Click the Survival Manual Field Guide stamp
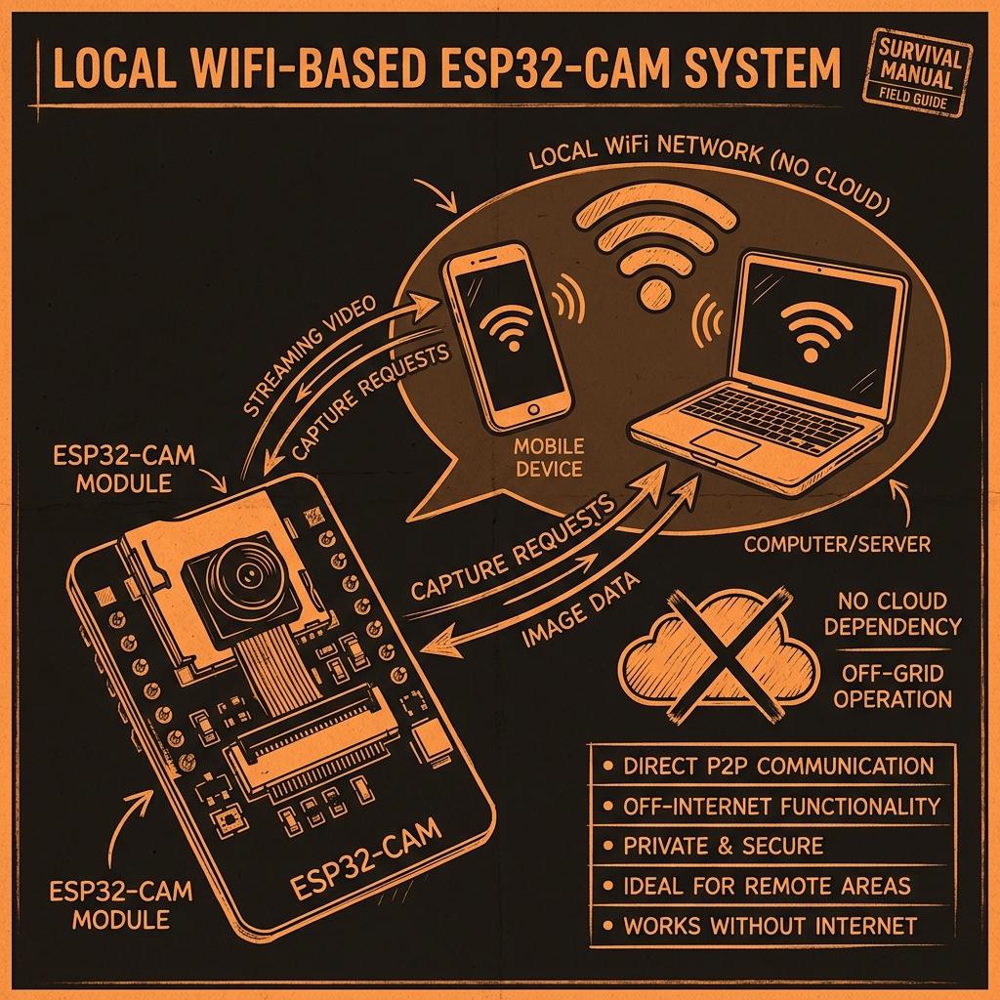917,72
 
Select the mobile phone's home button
533,408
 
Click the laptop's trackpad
726,442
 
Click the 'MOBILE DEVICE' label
549,457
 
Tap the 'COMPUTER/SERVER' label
837,544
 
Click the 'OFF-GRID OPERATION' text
893,687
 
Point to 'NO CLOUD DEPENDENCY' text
893,613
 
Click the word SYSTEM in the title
763,67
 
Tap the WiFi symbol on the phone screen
507,327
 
